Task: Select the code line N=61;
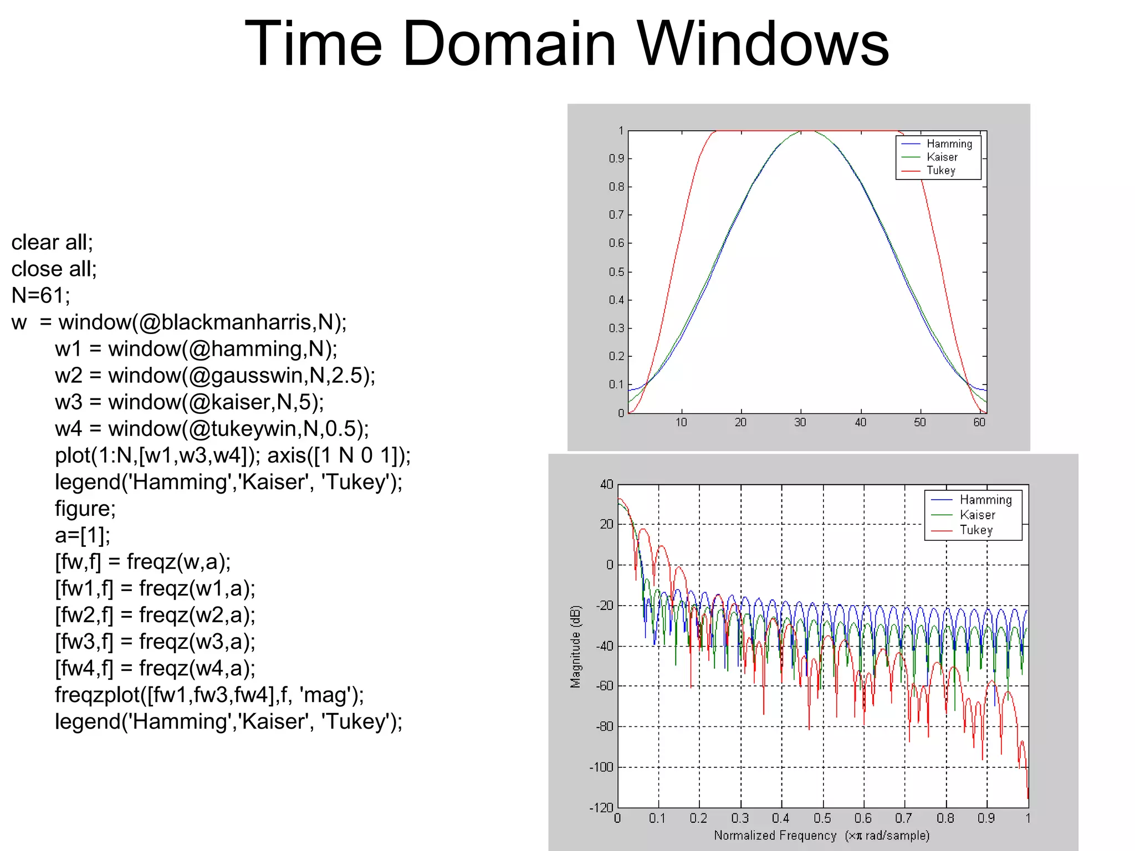pos(40,295)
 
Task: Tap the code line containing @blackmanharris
pos(178,322)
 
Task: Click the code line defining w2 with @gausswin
pos(214,375)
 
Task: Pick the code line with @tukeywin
pos(211,428)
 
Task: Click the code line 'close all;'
pos(54,269)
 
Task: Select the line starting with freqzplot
pos(209,694)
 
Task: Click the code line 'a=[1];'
pos(82,535)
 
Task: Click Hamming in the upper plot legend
pos(949,144)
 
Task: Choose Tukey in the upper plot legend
pos(940,171)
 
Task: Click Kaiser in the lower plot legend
pos(977,515)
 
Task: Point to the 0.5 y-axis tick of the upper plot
pos(616,272)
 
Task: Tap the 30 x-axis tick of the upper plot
pos(800,423)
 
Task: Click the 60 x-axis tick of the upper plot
pos(979,423)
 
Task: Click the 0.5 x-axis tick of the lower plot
pos(822,818)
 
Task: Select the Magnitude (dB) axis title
pos(576,646)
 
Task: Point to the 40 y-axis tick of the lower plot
pos(606,485)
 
